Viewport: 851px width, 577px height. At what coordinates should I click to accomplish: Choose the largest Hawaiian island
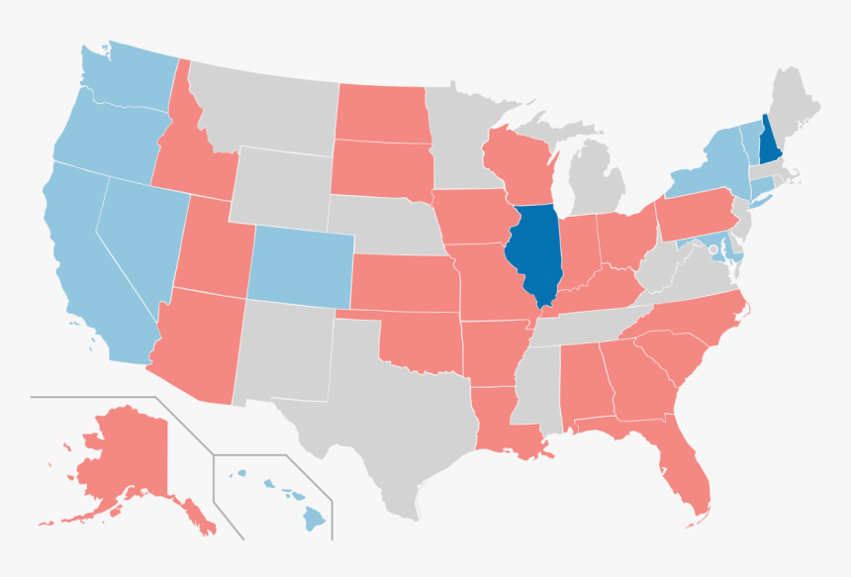coord(315,517)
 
